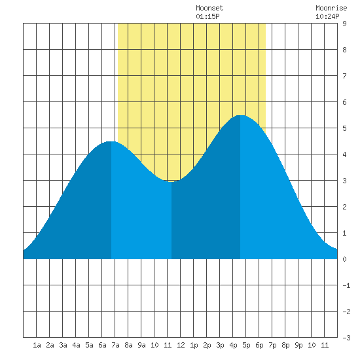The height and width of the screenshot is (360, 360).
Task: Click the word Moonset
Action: (209, 8)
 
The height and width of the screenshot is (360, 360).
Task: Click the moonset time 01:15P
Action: (207, 16)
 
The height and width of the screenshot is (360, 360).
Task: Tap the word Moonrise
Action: (331, 8)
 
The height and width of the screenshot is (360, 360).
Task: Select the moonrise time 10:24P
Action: (327, 16)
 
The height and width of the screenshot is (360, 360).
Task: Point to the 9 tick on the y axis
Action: (344, 24)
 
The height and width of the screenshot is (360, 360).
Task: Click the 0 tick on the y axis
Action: (344, 259)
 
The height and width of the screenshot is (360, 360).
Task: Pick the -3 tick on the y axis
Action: (346, 338)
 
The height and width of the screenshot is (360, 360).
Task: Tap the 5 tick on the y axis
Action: (344, 128)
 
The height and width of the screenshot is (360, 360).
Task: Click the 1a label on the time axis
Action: (37, 345)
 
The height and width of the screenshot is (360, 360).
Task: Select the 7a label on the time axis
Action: (115, 345)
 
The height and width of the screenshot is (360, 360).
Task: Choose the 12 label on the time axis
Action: (181, 345)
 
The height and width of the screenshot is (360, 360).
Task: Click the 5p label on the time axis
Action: (246, 345)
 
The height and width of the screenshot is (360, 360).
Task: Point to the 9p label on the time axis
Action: (298, 345)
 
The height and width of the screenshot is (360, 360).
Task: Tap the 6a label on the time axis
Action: (102, 345)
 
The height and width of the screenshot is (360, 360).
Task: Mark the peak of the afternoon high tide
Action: (240, 115)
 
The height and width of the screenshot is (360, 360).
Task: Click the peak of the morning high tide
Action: (111, 141)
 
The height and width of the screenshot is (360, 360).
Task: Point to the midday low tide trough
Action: (171, 182)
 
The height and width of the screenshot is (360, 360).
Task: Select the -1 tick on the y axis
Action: (346, 285)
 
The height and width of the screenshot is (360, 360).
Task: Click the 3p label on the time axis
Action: (220, 345)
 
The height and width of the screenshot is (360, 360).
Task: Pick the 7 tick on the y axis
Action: (344, 76)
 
